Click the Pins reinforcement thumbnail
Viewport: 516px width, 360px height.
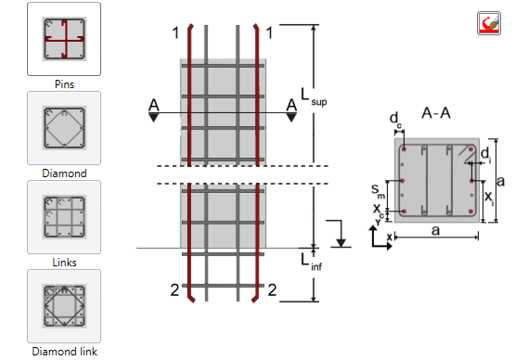64,38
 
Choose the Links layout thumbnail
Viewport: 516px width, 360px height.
64,216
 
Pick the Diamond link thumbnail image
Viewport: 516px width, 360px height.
64,305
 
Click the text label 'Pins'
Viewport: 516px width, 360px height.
64,84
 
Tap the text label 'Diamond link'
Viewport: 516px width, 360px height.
64,352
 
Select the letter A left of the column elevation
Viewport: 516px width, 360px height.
151,104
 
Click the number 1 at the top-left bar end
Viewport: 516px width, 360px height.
173,32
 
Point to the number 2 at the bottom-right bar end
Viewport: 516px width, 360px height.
272,290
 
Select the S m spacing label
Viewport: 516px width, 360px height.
379,191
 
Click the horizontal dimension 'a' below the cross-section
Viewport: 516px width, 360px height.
434,234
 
